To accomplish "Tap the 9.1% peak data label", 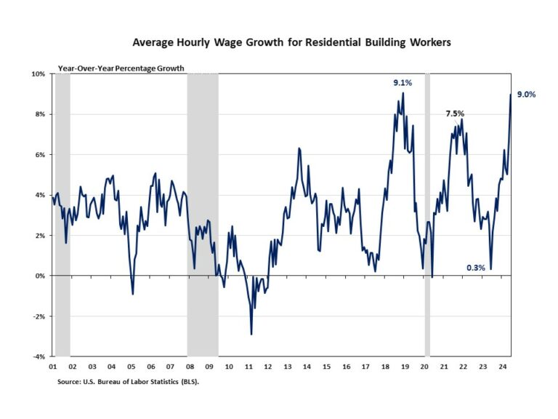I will pos(403,83).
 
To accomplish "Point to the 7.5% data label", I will pos(455,113).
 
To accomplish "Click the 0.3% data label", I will pos(476,268).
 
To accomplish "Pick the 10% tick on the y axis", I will pos(39,74).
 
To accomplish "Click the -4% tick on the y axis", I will pos(39,356).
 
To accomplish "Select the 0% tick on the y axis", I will pos(41,276).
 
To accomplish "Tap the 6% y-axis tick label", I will pos(41,155).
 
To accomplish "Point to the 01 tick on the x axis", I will pos(54,366).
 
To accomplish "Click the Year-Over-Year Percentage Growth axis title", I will pos(121,68).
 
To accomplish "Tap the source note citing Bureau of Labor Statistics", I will pos(128,380).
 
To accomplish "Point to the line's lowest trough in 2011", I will pos(251,334).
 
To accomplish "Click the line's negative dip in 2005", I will pos(132,294).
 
